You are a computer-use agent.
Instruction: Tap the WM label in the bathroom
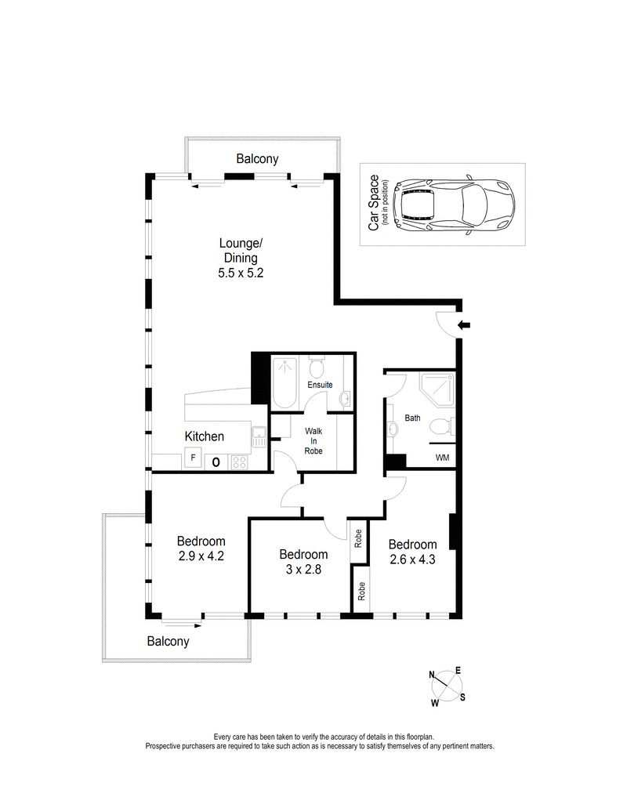(441, 458)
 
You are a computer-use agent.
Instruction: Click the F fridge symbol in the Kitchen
(191, 458)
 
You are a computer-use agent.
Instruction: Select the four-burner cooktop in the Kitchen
(240, 462)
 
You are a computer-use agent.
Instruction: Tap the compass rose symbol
(448, 687)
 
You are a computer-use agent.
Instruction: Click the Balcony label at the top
(257, 159)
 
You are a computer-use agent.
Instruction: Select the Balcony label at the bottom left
(169, 641)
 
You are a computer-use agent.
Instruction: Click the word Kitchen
(205, 436)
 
